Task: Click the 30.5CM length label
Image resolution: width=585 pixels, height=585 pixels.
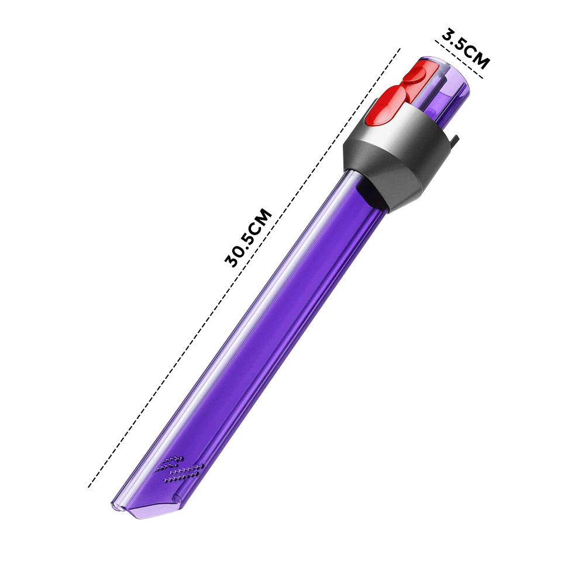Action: [x=249, y=237]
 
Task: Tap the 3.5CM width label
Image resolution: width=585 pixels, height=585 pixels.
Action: [x=466, y=49]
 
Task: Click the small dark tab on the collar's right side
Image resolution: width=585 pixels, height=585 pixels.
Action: [x=454, y=140]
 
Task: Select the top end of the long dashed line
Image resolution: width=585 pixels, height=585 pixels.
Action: [x=400, y=49]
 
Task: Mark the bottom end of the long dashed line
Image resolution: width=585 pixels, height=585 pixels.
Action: [x=89, y=486]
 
